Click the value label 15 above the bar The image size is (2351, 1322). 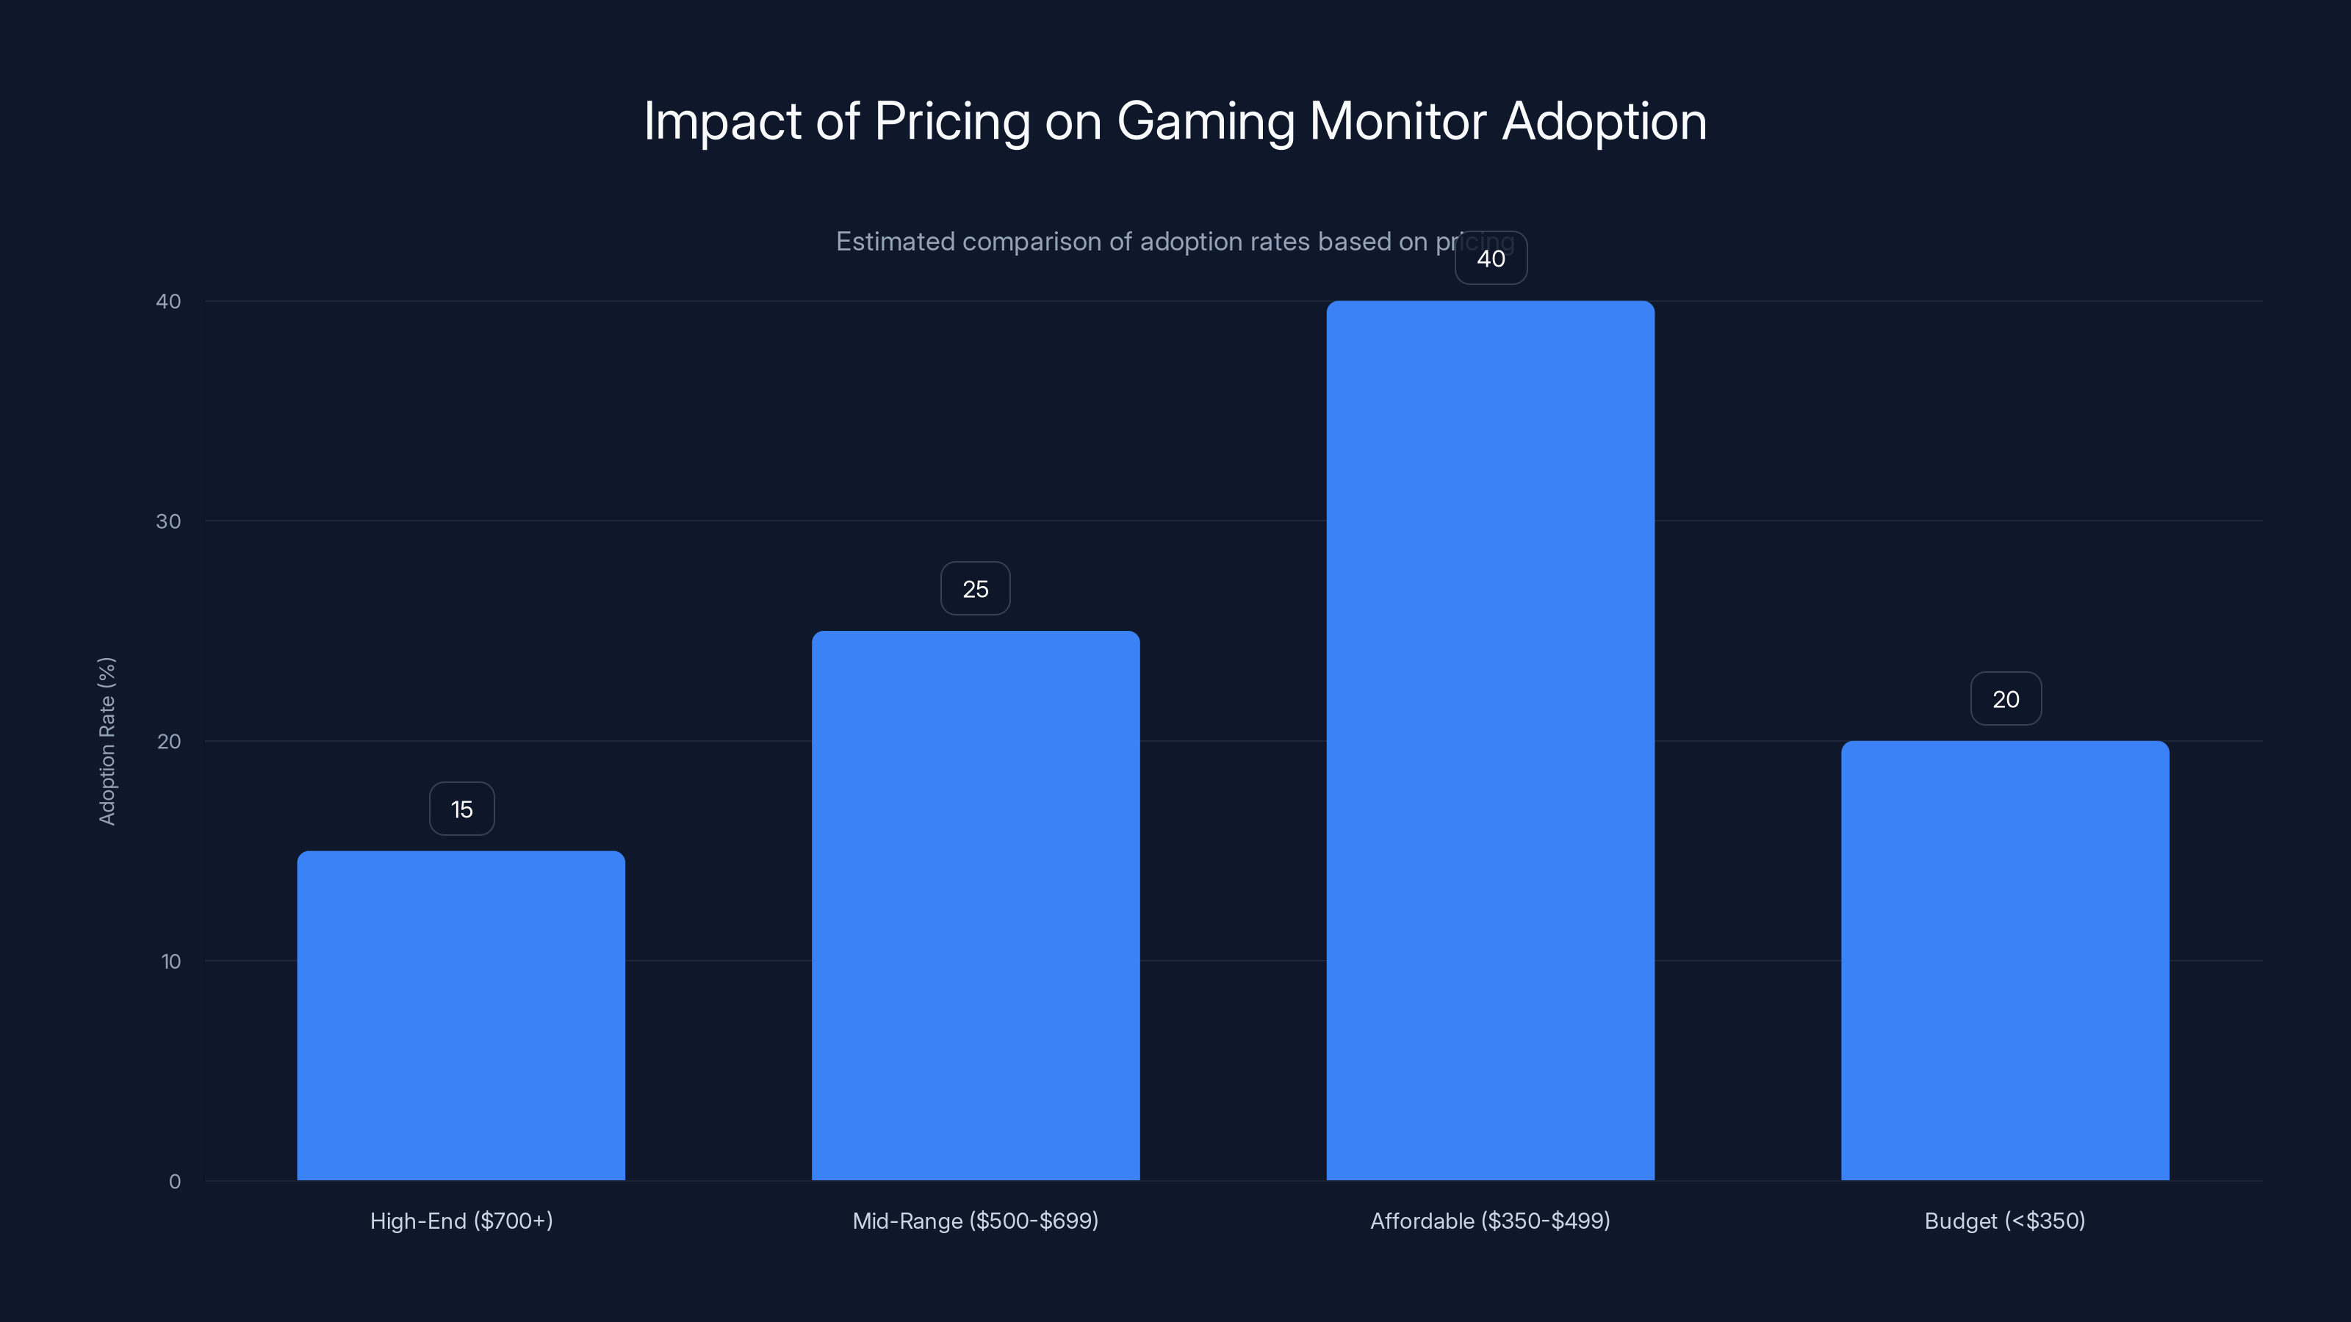462,809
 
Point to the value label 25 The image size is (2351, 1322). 976,589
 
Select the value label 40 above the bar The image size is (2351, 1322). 1491,259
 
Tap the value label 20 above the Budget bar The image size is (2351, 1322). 2005,700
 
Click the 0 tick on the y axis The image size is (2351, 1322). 174,1182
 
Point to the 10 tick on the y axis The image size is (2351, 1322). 170,961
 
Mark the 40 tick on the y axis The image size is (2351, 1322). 169,302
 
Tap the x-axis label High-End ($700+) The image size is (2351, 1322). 461,1221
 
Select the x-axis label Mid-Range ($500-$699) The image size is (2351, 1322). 976,1221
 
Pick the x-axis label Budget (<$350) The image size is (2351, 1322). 2004,1221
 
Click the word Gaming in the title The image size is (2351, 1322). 1206,122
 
